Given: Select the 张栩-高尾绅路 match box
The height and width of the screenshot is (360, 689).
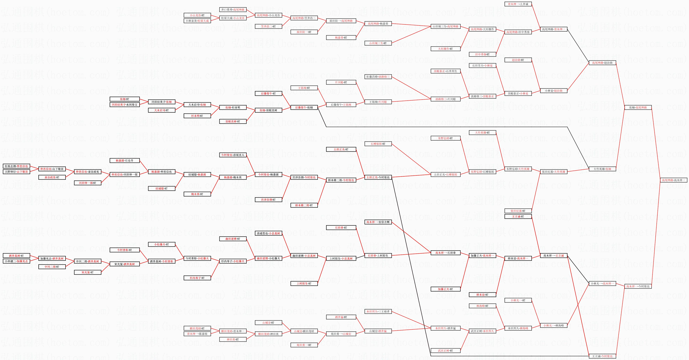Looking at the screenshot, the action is pos(638,107).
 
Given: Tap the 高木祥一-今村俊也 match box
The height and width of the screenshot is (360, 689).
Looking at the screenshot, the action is pos(638,286).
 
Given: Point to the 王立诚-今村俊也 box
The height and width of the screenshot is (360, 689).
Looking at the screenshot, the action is pos(602,356).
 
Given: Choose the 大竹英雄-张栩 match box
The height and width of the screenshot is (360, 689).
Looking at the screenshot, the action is pos(602,169).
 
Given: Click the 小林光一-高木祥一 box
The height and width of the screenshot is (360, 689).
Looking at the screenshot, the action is pos(602,283).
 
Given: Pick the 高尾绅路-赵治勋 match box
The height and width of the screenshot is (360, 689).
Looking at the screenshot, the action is pos(602,63).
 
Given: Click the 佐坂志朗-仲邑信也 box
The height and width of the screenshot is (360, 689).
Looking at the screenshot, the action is pos(16,166).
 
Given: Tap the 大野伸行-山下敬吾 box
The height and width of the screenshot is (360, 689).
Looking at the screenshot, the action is pos(16,172).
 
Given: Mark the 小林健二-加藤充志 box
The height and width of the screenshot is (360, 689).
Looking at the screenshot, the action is pos(16,261).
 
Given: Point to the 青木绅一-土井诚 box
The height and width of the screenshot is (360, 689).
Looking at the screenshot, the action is pos(518,4).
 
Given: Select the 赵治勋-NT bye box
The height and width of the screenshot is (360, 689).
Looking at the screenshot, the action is pos(518,60).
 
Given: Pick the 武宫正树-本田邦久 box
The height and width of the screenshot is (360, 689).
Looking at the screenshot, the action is pos(482,331).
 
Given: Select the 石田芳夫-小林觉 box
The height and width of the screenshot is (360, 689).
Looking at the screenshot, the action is pos(482,65).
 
